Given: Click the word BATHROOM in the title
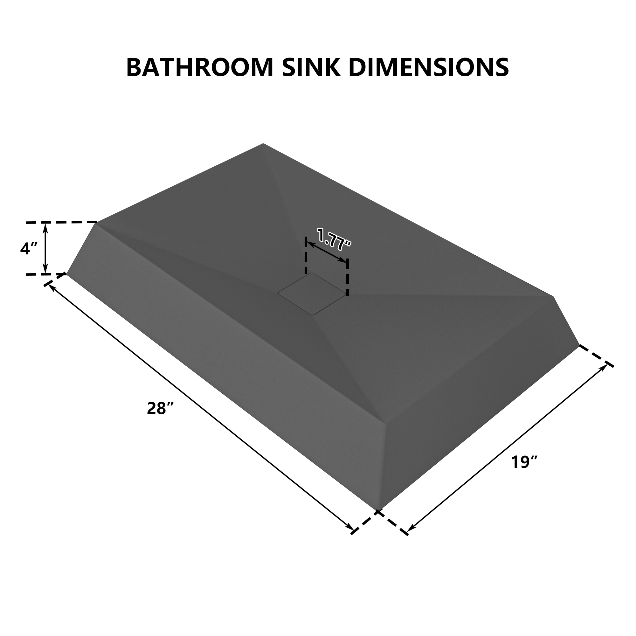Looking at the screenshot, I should pos(199,67).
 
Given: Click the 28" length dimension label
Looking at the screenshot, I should pos(160,409).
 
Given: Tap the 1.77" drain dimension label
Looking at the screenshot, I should pos(334,238).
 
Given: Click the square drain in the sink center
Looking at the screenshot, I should pos(312,294).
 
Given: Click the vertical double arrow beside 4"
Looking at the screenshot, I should pos(45,248).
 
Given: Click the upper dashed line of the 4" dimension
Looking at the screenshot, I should pos(61,223).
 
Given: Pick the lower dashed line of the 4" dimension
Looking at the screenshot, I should pos(46,274).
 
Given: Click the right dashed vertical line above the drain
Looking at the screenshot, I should pos(348,277).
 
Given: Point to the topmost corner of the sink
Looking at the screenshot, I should pos(263,144).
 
